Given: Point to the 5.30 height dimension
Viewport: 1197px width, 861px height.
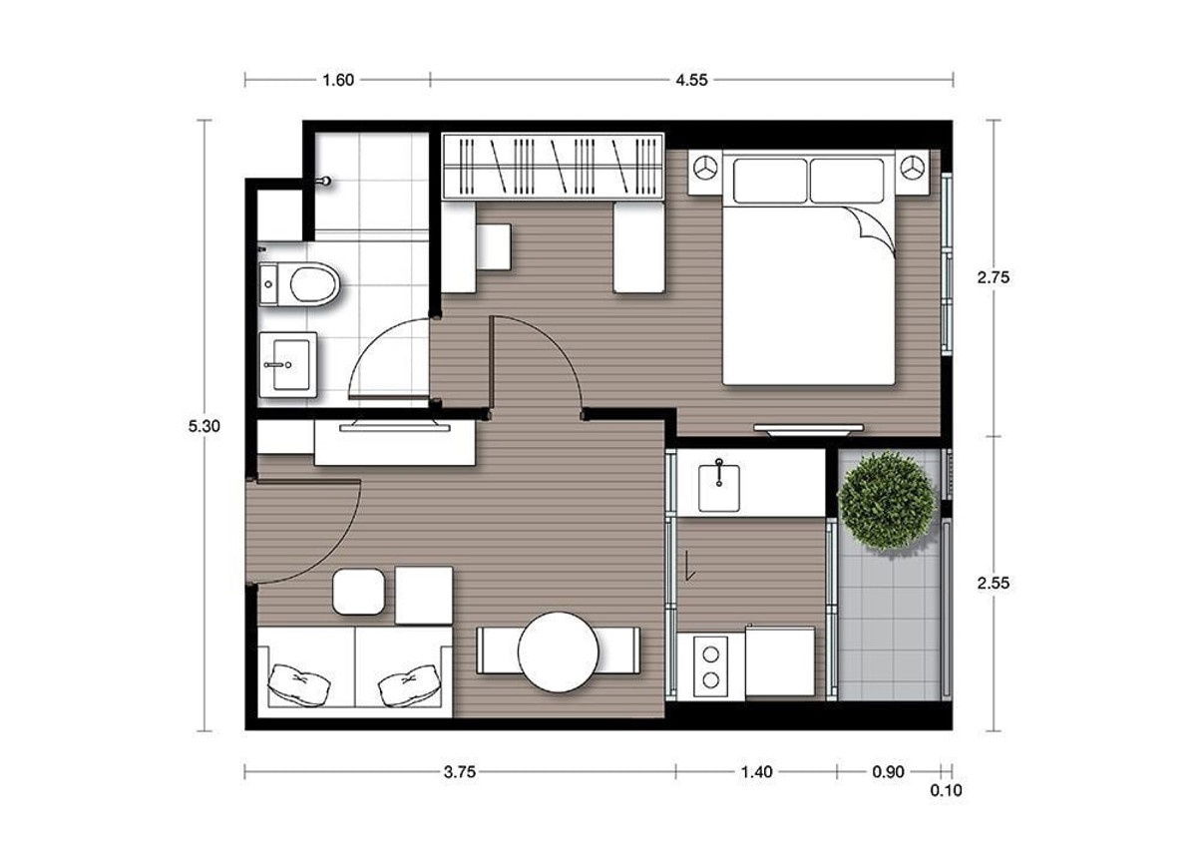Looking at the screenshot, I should (203, 426).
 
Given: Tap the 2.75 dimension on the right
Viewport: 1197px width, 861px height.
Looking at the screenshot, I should (995, 278).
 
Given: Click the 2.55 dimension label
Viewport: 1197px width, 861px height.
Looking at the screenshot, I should (995, 584).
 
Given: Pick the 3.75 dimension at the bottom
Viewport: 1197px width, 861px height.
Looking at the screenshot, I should (459, 771).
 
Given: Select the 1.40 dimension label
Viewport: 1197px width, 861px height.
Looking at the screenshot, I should (756, 771).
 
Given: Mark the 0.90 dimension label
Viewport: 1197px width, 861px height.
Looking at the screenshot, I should (889, 771).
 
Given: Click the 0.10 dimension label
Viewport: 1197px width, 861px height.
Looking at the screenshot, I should (946, 790).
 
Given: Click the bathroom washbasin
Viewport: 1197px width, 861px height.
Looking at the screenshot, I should (287, 364).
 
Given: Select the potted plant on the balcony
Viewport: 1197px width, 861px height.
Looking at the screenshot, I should (887, 502).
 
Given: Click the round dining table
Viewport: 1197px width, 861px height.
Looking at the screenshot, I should (559, 651).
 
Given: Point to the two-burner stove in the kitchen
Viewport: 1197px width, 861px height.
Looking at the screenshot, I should (710, 666).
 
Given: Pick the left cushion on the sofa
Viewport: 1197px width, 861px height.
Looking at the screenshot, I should (299, 683).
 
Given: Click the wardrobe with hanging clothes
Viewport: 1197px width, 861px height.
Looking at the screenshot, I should (554, 166).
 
